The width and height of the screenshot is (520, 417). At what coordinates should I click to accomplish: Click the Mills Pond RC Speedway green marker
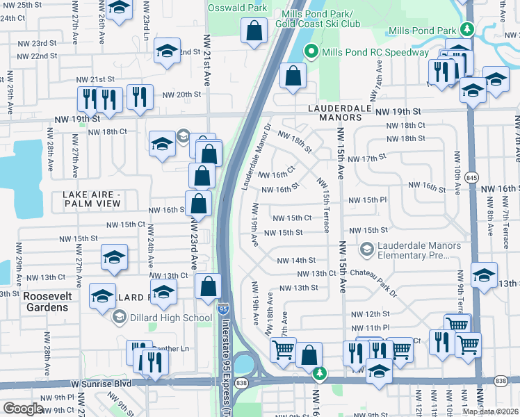(x=311, y=52)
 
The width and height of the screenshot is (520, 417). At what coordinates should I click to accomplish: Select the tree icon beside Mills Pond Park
(x=469, y=30)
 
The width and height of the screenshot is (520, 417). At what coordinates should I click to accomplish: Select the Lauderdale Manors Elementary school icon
(x=366, y=249)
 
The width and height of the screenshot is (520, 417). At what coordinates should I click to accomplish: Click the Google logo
(x=23, y=409)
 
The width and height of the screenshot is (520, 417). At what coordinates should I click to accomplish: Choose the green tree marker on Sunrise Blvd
(x=319, y=375)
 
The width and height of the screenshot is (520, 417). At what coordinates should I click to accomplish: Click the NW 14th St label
(x=296, y=260)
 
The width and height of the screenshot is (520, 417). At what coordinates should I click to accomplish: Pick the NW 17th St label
(x=367, y=158)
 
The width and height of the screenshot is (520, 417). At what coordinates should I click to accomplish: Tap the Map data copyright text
(x=491, y=411)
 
